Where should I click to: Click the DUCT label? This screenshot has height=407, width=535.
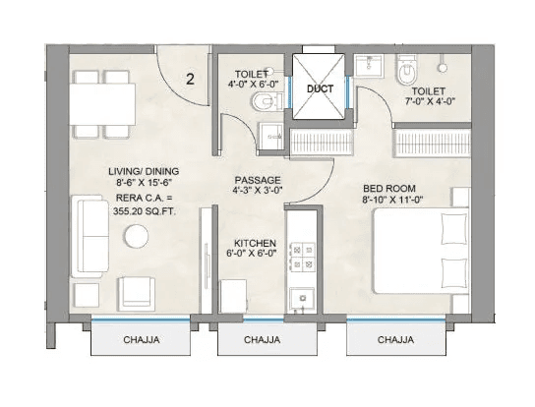[x=318, y=87]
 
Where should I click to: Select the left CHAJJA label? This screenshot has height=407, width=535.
[x=142, y=340]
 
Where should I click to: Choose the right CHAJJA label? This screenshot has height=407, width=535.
[x=395, y=340]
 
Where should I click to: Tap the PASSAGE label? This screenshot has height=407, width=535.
[x=258, y=181]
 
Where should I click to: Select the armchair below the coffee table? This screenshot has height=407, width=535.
[x=136, y=292]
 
